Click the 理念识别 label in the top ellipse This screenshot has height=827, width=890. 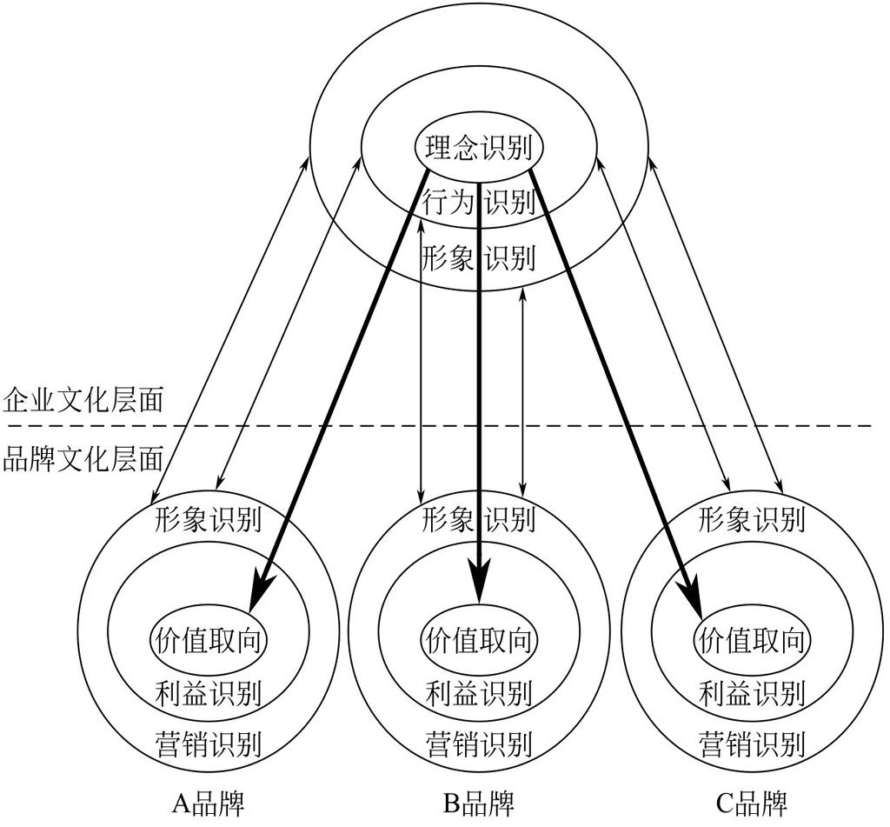click(x=479, y=148)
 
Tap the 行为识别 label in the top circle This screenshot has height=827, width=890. click(x=479, y=202)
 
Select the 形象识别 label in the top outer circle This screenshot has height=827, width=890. click(x=479, y=258)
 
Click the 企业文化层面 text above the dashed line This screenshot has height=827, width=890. click(x=83, y=399)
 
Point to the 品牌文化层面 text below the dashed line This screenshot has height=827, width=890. click(x=83, y=459)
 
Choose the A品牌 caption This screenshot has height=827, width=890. click(x=208, y=804)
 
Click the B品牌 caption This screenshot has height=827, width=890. click(x=479, y=804)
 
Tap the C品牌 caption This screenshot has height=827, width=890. click(x=752, y=804)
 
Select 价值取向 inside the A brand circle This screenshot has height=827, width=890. click(x=209, y=641)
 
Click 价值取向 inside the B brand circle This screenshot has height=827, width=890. click(x=479, y=641)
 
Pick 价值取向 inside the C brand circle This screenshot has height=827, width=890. click(x=752, y=641)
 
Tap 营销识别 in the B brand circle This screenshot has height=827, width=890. click(x=479, y=744)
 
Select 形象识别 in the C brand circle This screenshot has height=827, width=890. click(x=752, y=519)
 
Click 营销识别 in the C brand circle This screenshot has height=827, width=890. click(x=752, y=744)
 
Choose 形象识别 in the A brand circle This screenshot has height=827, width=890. click(x=209, y=519)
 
